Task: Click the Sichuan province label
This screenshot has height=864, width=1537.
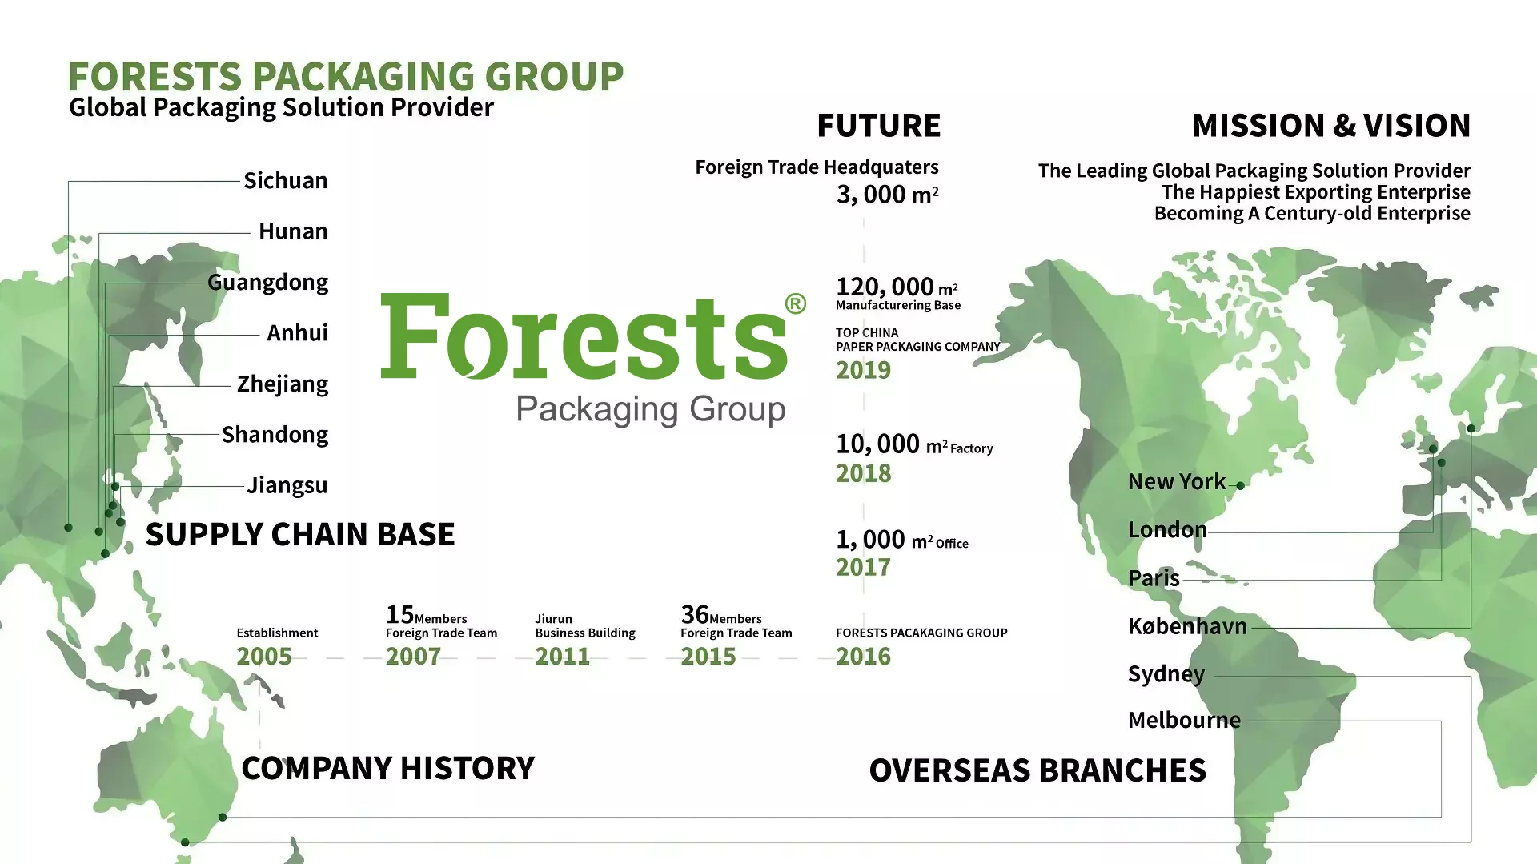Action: pyautogui.click(x=285, y=181)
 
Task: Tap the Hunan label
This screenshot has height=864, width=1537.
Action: pyautogui.click(x=293, y=231)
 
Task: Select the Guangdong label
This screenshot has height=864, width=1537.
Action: pyautogui.click(x=267, y=283)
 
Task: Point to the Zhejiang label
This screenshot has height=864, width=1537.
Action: pyautogui.click(x=282, y=384)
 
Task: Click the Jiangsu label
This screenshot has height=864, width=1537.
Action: pyautogui.click(x=287, y=485)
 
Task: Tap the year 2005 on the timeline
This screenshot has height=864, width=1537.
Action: pyautogui.click(x=264, y=657)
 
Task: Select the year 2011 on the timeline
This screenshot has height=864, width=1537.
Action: pyautogui.click(x=562, y=657)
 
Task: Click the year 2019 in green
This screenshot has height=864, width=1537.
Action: pyautogui.click(x=863, y=370)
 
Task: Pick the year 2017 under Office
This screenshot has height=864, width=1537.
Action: pyautogui.click(x=863, y=567)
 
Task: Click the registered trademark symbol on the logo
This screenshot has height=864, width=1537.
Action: pyautogui.click(x=795, y=304)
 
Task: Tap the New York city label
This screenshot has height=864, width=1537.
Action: pyautogui.click(x=1176, y=482)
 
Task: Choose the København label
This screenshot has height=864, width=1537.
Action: pyautogui.click(x=1187, y=626)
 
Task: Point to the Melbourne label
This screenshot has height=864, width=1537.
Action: pyautogui.click(x=1184, y=721)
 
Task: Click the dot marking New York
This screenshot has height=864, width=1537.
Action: pyautogui.click(x=1240, y=486)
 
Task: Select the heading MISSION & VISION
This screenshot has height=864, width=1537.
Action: pyautogui.click(x=1331, y=126)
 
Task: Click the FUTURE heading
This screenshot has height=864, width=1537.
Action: pyautogui.click(x=878, y=126)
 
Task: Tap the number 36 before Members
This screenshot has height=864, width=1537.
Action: pyautogui.click(x=694, y=615)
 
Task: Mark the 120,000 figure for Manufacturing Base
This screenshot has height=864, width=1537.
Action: pyautogui.click(x=885, y=287)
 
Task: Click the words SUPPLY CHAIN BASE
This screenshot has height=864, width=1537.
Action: pyautogui.click(x=300, y=534)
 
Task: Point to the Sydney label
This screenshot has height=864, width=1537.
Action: pyautogui.click(x=1166, y=674)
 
